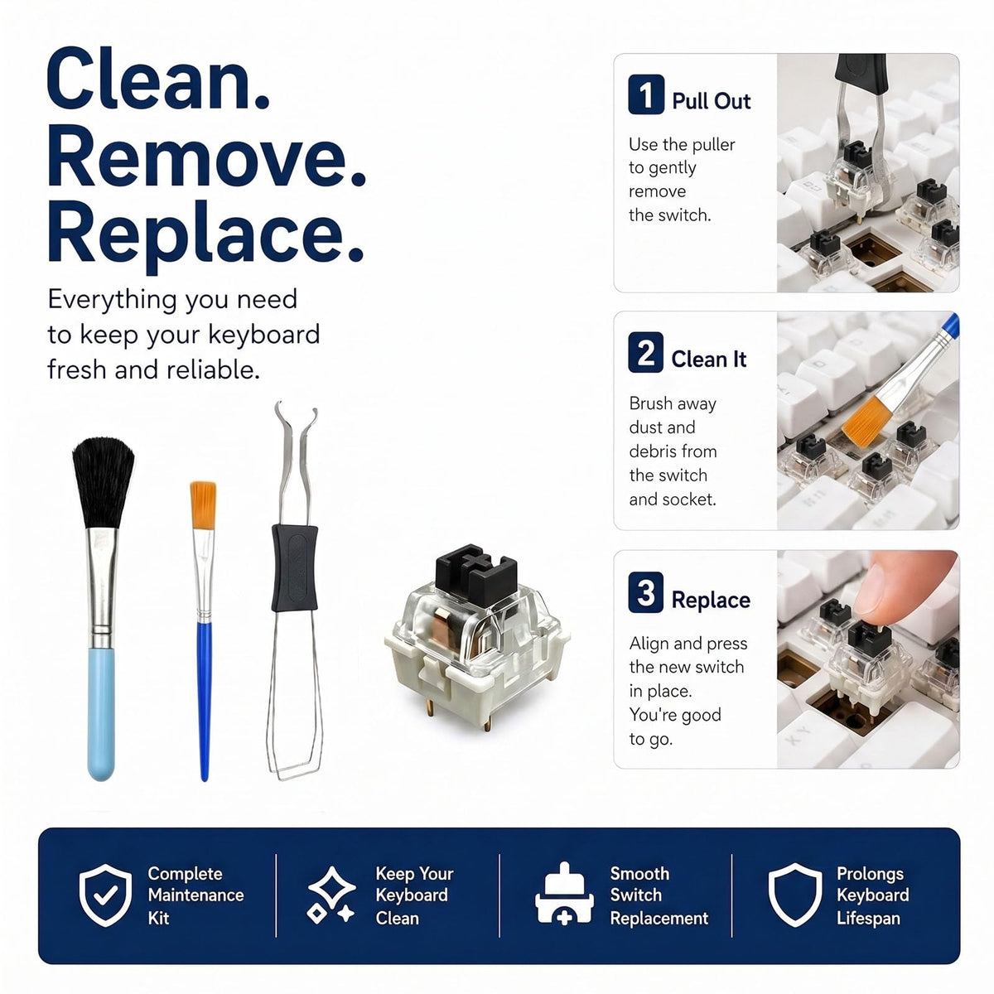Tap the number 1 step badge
[646, 94]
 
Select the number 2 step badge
[646, 352]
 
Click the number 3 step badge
[646, 592]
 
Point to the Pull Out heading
[712, 101]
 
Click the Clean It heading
[709, 359]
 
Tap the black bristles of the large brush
[104, 482]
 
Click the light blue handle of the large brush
[101, 714]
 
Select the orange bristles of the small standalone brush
[203, 505]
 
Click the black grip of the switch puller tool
[294, 567]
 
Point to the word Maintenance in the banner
[196, 895]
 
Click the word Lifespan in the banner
[869, 918]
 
